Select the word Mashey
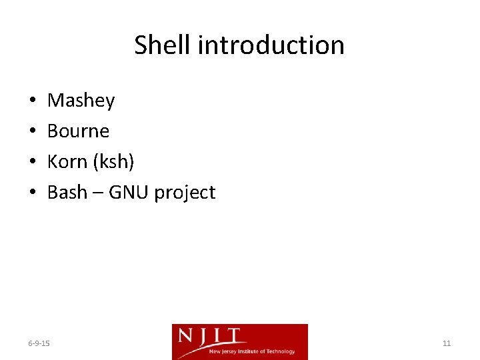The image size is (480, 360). point(81,101)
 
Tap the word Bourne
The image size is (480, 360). point(78,131)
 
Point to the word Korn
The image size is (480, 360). point(67,162)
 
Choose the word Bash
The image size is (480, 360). point(67,193)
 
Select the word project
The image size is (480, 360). point(185,193)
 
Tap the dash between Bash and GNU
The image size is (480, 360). point(98,193)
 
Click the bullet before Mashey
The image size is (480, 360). point(33,101)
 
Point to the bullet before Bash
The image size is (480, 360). point(33,193)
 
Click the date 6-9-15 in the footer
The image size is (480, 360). point(39,343)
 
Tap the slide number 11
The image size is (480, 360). point(447,343)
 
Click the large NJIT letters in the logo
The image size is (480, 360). point(211,336)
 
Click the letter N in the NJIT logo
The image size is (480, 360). point(186,336)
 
